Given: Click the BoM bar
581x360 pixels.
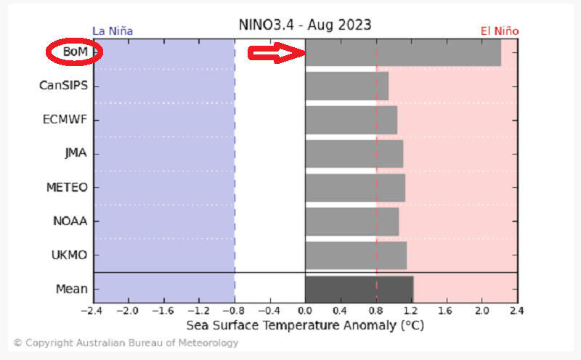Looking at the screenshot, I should click(x=403, y=52).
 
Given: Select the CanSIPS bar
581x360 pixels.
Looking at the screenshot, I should click(x=346, y=86).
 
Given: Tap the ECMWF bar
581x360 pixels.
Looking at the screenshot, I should click(x=351, y=120).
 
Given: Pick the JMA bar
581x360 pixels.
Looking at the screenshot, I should click(x=354, y=153).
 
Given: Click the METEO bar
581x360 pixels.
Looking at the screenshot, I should click(x=355, y=187).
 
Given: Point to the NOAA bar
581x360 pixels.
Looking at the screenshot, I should click(x=352, y=221).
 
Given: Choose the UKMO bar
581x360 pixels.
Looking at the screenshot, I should click(x=356, y=255).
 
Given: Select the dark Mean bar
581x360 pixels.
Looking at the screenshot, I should click(x=359, y=289).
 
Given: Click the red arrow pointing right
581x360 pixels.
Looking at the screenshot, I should click(x=275, y=53).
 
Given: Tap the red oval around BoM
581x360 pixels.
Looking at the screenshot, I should click(x=74, y=52).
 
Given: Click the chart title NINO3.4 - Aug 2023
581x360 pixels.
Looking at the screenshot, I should click(x=305, y=25).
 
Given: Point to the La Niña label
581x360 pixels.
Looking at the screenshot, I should click(x=113, y=31).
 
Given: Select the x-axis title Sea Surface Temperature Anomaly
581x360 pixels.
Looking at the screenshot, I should click(x=305, y=325).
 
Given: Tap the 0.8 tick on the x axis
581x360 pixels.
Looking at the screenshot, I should click(x=376, y=311).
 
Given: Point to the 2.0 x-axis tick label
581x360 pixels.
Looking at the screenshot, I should click(x=482, y=311).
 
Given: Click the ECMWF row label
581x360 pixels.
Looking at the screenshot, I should click(x=65, y=120).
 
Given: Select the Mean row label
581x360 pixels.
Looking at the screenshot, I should click(x=72, y=289).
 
